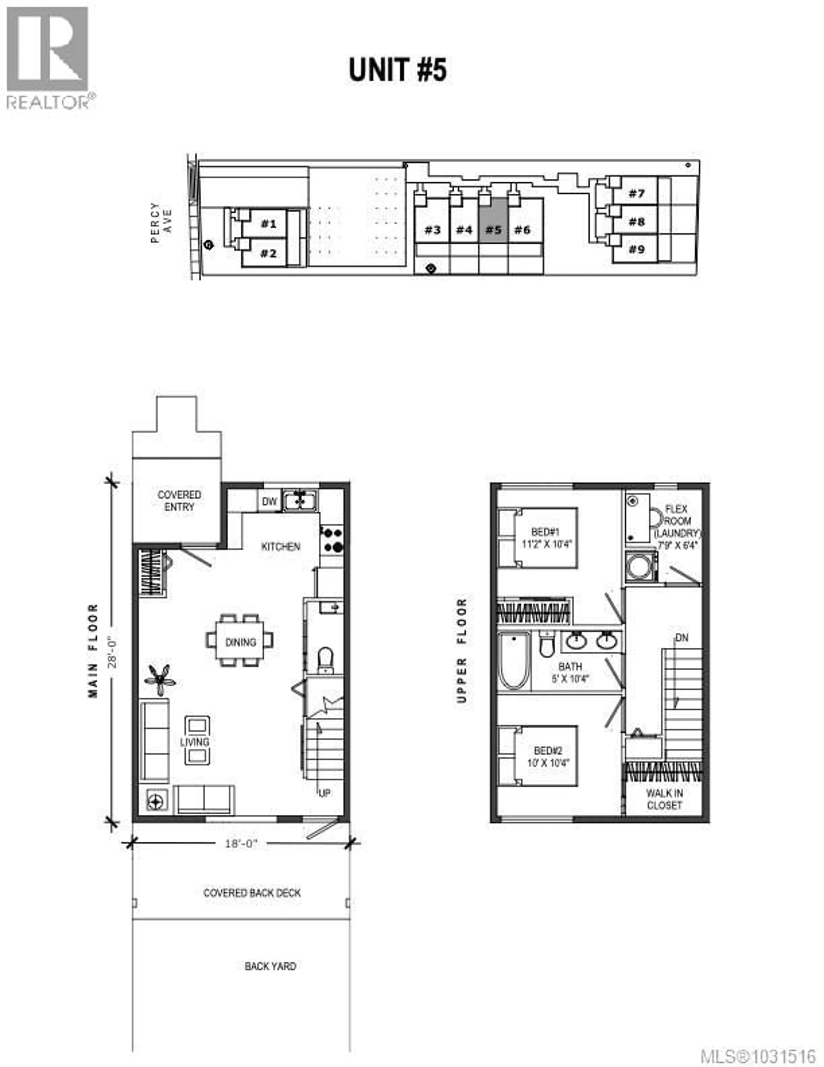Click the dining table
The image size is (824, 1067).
click(240, 641)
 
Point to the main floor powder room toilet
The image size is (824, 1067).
click(325, 659)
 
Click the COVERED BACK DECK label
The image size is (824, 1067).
click(252, 893)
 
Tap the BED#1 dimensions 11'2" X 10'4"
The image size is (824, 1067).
click(546, 544)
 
